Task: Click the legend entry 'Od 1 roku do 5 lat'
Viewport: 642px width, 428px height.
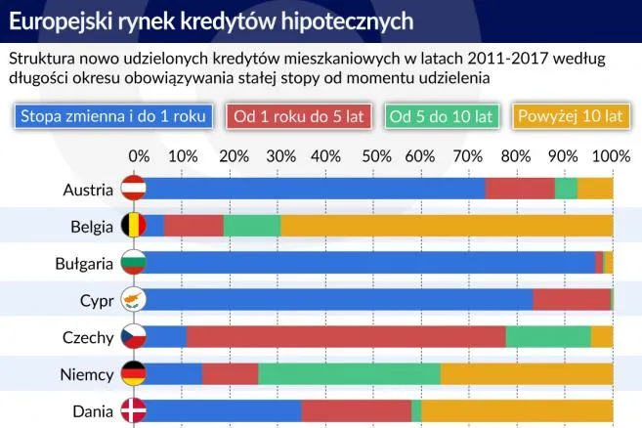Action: point(297,116)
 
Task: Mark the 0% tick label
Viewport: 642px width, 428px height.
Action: point(140,155)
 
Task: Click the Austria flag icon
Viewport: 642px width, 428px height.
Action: point(132,189)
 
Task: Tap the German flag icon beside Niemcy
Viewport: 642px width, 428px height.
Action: point(132,373)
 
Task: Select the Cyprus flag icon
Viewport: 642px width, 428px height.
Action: point(132,300)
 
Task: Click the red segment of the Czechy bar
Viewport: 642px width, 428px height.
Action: point(346,337)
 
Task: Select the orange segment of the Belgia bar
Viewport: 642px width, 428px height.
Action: point(447,226)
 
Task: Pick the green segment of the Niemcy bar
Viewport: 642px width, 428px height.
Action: point(349,373)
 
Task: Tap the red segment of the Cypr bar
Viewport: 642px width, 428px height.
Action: point(572,300)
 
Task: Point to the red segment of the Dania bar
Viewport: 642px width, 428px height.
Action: point(357,410)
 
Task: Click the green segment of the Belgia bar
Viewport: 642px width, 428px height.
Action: point(252,226)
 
